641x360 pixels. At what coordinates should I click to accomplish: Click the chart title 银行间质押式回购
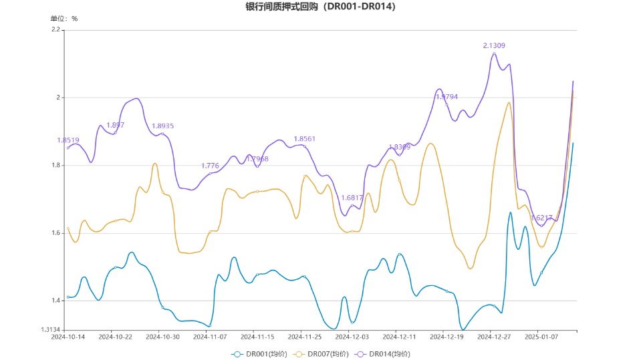tap(320, 7)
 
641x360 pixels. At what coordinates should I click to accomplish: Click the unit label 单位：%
tap(64, 19)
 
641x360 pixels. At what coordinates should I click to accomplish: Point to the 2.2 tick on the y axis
tap(55, 30)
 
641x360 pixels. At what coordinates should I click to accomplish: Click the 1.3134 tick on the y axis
tap(50, 329)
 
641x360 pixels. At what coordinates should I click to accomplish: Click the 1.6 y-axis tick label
tap(55, 233)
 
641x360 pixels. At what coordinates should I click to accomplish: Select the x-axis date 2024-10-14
tap(68, 337)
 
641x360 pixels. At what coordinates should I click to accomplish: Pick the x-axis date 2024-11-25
tap(304, 337)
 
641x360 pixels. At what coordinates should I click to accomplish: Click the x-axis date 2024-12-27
tap(494, 337)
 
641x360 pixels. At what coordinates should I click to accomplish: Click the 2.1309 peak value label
tap(494, 45)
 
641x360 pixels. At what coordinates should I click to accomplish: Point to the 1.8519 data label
tap(68, 140)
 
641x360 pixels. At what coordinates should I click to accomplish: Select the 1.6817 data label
tap(352, 198)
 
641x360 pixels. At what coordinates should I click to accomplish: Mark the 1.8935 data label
tap(162, 126)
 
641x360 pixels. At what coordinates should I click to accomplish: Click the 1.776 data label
tap(210, 166)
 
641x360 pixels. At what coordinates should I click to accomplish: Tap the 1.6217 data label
tap(541, 218)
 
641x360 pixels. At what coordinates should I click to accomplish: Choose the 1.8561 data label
tap(304, 139)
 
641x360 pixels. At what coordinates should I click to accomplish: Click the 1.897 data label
tap(115, 125)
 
